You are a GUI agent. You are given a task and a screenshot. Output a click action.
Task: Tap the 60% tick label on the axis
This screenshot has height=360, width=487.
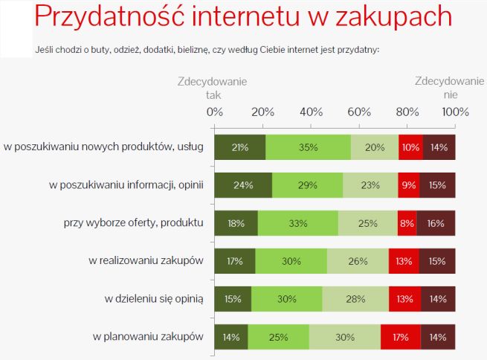click(x=359, y=112)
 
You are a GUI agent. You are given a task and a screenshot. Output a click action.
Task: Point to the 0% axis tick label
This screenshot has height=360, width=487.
click(x=214, y=112)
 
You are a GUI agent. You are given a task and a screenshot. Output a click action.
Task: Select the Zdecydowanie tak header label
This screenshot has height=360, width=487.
click(x=213, y=88)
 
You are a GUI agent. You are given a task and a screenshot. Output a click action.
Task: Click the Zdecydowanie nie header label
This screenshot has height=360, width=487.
click(x=449, y=88)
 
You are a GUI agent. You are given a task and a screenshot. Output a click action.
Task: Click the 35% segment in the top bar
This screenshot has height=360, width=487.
click(x=309, y=147)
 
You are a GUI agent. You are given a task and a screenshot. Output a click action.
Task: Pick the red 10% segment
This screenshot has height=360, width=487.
click(x=410, y=147)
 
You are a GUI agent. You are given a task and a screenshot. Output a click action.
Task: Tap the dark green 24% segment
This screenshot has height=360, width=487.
click(x=243, y=185)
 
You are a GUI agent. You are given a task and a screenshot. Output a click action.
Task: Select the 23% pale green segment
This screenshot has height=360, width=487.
click(x=370, y=185)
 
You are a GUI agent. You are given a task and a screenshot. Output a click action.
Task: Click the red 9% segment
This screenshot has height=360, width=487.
click(x=408, y=185)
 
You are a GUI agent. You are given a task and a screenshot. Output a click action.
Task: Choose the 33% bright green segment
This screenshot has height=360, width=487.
click(x=298, y=223)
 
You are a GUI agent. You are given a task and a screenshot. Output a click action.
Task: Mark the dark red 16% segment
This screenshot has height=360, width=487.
click(x=436, y=223)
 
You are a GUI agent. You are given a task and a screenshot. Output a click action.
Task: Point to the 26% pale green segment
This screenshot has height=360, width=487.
click(x=358, y=261)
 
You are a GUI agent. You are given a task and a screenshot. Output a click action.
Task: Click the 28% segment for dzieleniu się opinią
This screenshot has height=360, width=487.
click(x=355, y=299)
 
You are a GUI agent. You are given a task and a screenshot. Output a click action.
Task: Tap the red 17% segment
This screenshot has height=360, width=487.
click(x=401, y=337)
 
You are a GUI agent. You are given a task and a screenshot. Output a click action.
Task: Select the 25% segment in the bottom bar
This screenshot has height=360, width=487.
click(x=279, y=337)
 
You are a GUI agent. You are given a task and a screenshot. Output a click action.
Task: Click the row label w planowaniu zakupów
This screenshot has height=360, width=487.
click(x=148, y=336)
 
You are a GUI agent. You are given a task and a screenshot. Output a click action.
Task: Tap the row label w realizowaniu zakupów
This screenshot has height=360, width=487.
click(x=146, y=260)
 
